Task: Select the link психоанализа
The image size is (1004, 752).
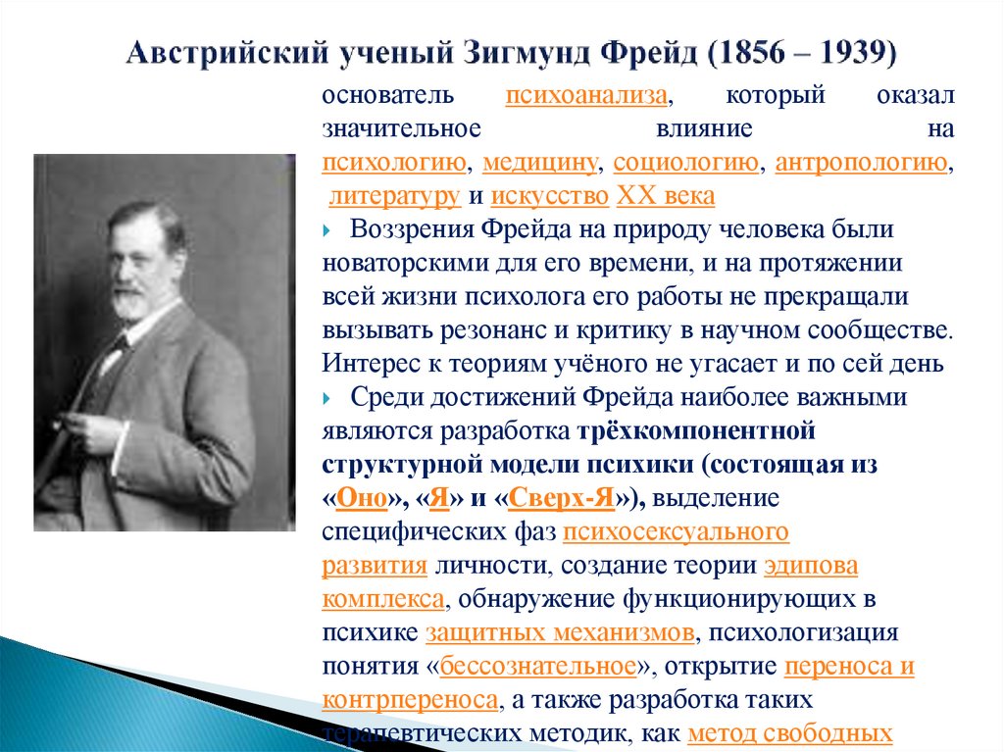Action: [588, 96]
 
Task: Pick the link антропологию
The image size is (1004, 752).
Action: [861, 163]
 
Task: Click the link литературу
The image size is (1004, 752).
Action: [394, 196]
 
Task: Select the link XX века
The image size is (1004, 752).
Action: [666, 196]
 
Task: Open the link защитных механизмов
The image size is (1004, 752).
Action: [562, 632]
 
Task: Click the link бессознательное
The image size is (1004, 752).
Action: [538, 667]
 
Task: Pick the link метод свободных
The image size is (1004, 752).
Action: [789, 733]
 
